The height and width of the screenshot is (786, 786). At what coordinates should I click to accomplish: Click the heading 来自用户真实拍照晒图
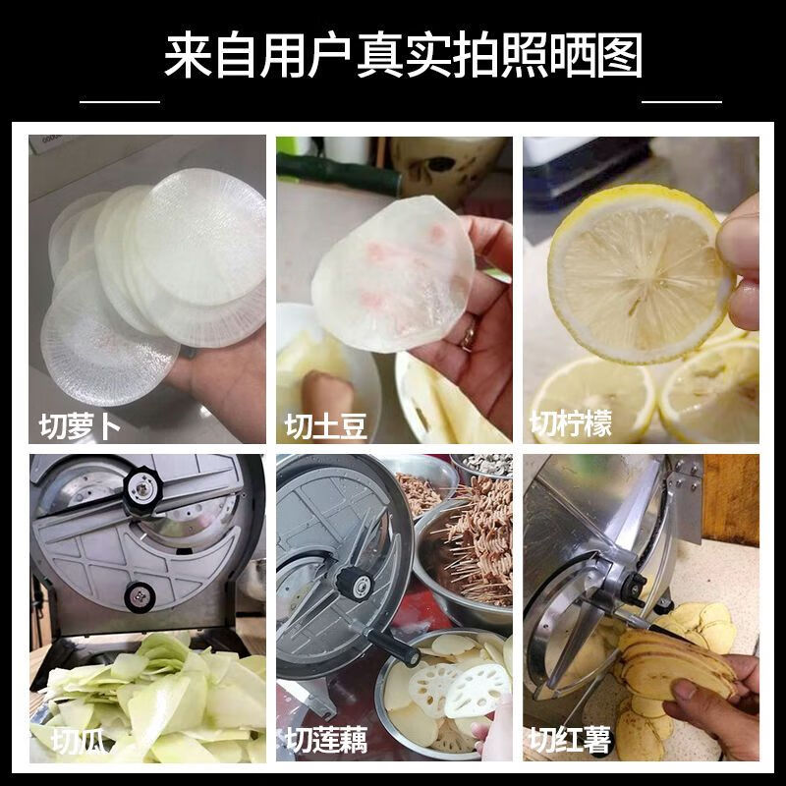click(403, 56)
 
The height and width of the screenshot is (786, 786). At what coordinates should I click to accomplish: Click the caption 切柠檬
click(571, 423)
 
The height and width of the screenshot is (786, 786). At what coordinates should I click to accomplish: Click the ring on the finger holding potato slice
click(470, 335)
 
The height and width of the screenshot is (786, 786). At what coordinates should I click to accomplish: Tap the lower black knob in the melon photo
click(138, 595)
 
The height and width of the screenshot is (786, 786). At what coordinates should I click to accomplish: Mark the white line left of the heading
click(119, 100)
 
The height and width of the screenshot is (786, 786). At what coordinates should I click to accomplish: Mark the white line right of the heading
click(681, 100)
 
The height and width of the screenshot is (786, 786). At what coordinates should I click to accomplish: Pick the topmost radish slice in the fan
click(202, 236)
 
